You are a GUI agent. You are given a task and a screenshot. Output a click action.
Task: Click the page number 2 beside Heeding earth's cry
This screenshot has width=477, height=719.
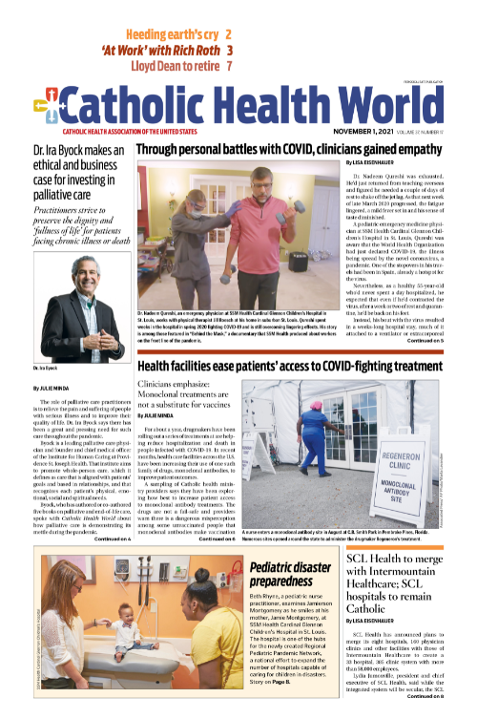229,33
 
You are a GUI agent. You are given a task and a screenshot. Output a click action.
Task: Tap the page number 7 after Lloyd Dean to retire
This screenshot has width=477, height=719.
229,67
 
